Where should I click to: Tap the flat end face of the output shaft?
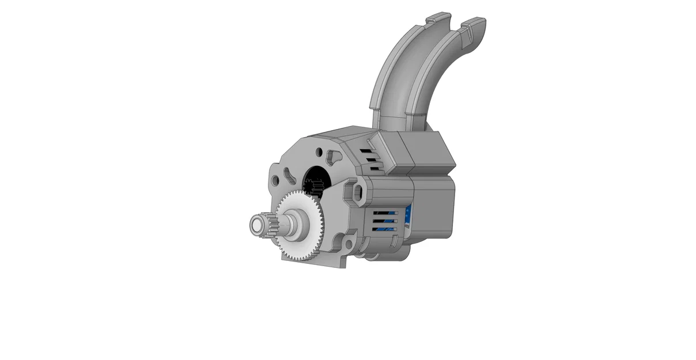pos(255,225)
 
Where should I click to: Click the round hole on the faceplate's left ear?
pos(275,181)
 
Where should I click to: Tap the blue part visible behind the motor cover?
pos(408,216)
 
